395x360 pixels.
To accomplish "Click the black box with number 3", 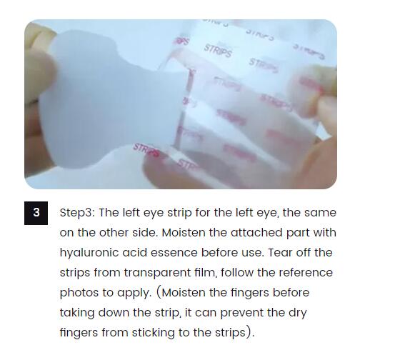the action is [x=36, y=213].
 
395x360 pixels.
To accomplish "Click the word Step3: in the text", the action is [x=77, y=213].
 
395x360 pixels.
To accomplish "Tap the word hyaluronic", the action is [x=89, y=253].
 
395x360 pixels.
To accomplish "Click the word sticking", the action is [x=153, y=333].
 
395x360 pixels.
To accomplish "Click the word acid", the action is [x=134, y=253].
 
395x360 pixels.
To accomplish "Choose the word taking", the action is [x=77, y=313].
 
